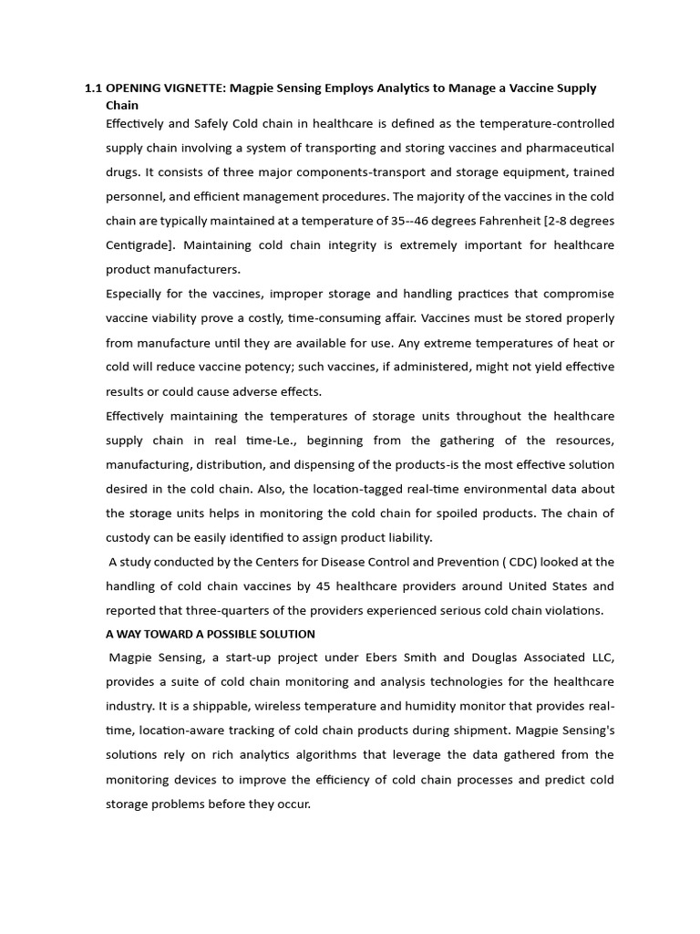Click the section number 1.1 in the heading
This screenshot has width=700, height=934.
coord(93,88)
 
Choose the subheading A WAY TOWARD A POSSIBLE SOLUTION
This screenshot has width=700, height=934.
coord(211,634)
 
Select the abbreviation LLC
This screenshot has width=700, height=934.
coord(602,658)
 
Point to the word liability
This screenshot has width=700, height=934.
coord(407,537)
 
